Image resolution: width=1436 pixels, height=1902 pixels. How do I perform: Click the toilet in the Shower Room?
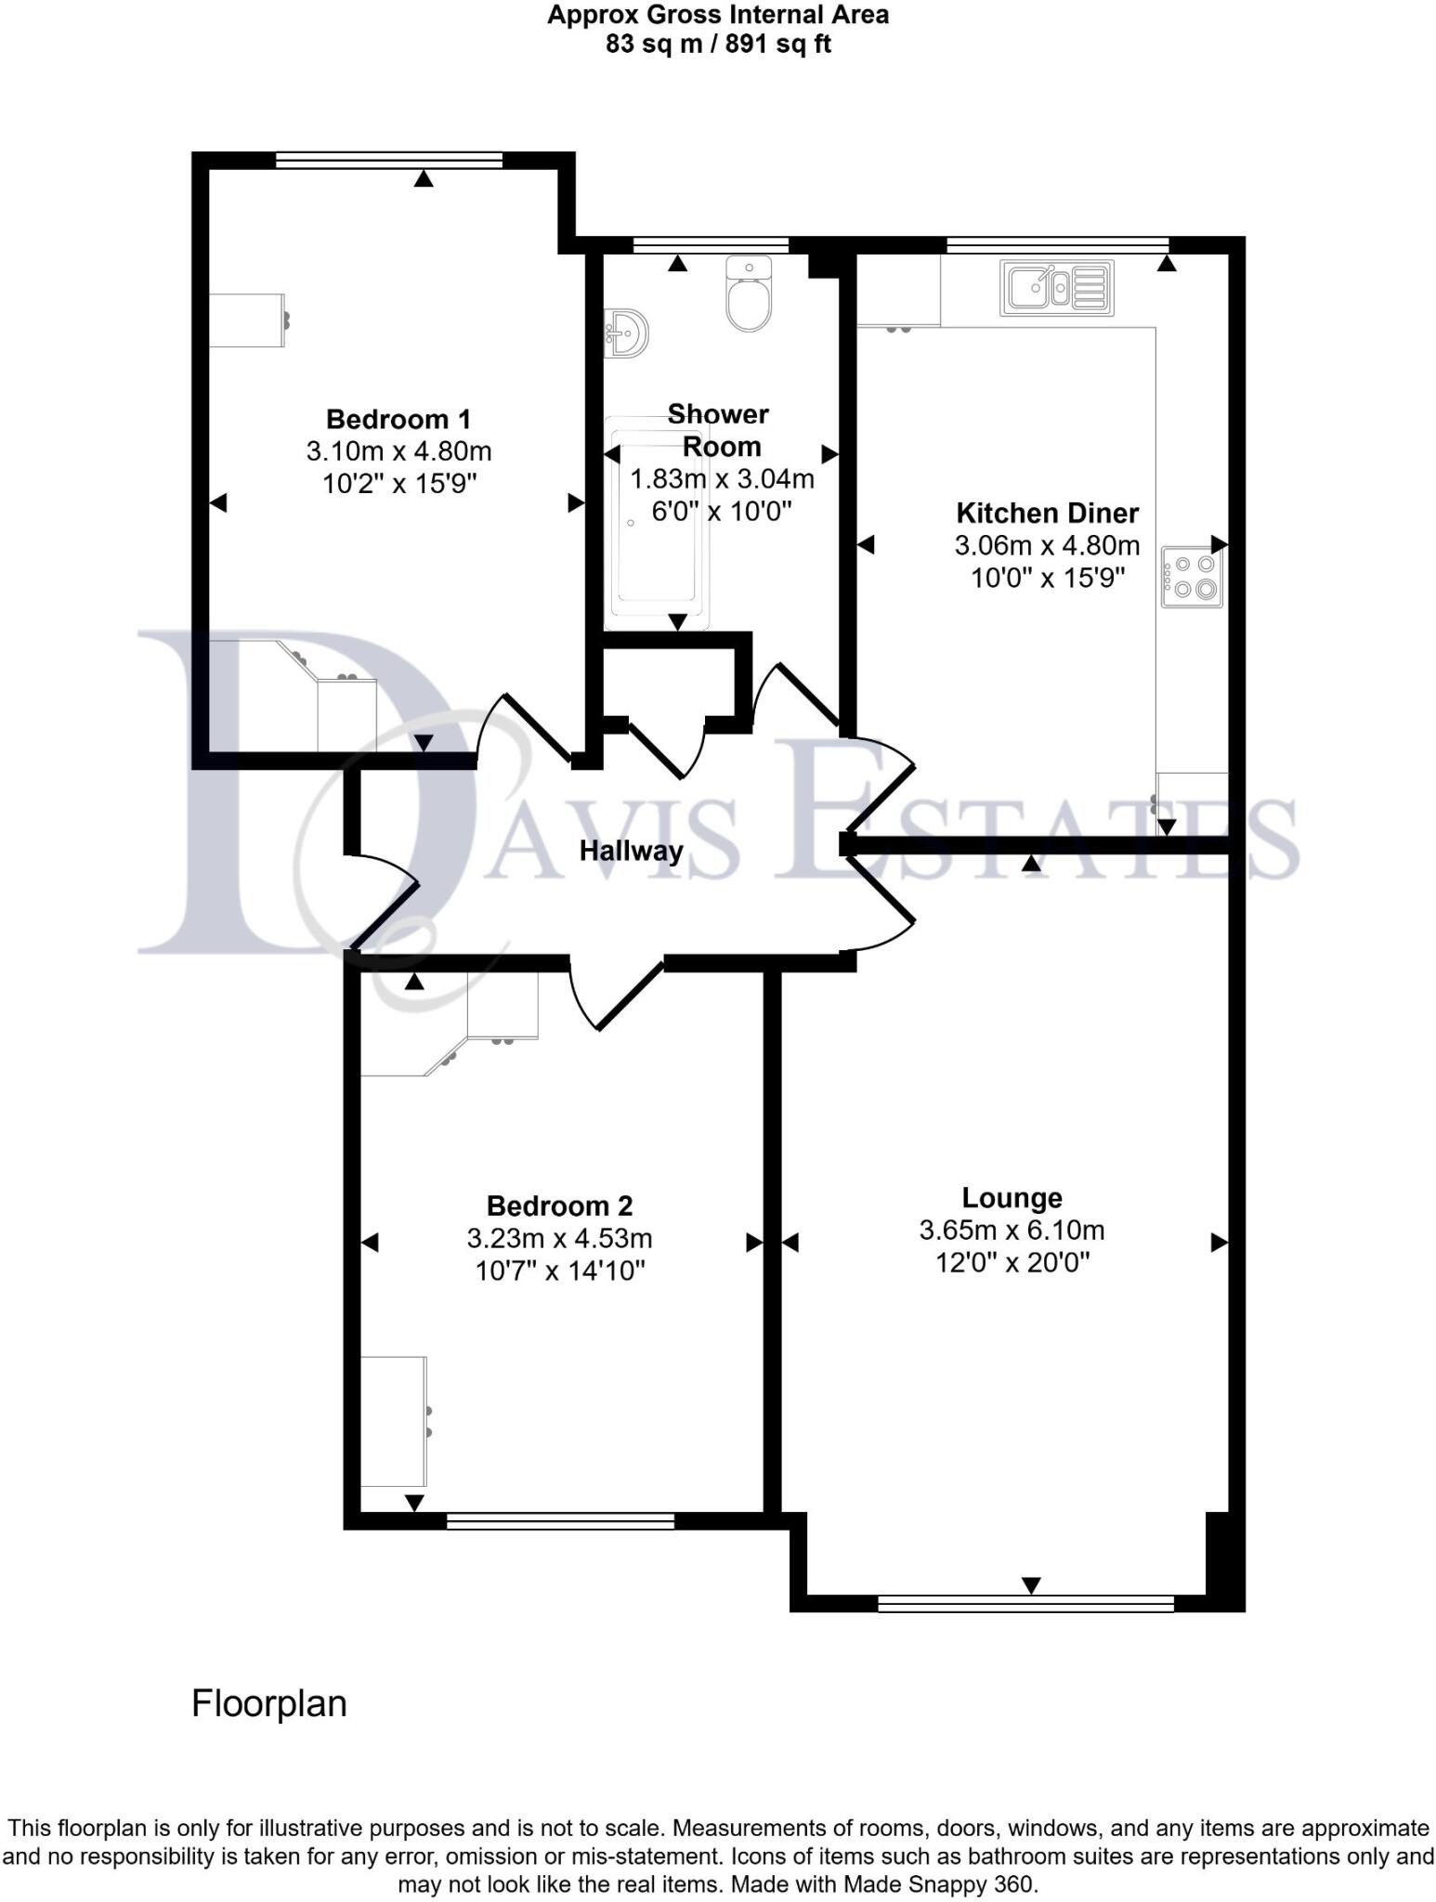point(749,295)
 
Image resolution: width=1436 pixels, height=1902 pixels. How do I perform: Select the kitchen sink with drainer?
point(1057,288)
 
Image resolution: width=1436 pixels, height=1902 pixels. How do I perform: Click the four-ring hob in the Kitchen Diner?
point(1192,577)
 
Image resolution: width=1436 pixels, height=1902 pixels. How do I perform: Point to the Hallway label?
point(631,851)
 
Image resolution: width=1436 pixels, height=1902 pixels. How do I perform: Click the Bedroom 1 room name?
point(398,419)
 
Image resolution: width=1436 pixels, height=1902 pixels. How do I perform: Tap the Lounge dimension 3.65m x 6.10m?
point(1012,1231)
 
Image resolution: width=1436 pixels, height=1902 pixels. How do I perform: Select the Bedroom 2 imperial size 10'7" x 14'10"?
point(559,1270)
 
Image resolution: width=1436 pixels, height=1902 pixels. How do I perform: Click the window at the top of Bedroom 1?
point(389,161)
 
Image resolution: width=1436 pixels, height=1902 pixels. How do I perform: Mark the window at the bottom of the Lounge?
point(1025,1603)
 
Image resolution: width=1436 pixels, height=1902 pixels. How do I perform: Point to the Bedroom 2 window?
point(560,1520)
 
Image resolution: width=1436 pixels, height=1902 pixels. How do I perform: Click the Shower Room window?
point(711,245)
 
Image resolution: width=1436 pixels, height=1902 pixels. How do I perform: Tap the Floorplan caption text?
point(269,1704)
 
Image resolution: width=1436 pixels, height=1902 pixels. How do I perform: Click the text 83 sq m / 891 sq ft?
point(718,44)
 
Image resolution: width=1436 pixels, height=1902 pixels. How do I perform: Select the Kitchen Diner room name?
point(1047,513)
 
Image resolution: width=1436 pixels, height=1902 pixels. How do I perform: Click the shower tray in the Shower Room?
point(656,525)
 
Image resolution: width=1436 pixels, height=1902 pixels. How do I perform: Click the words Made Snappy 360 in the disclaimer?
point(938,1884)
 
